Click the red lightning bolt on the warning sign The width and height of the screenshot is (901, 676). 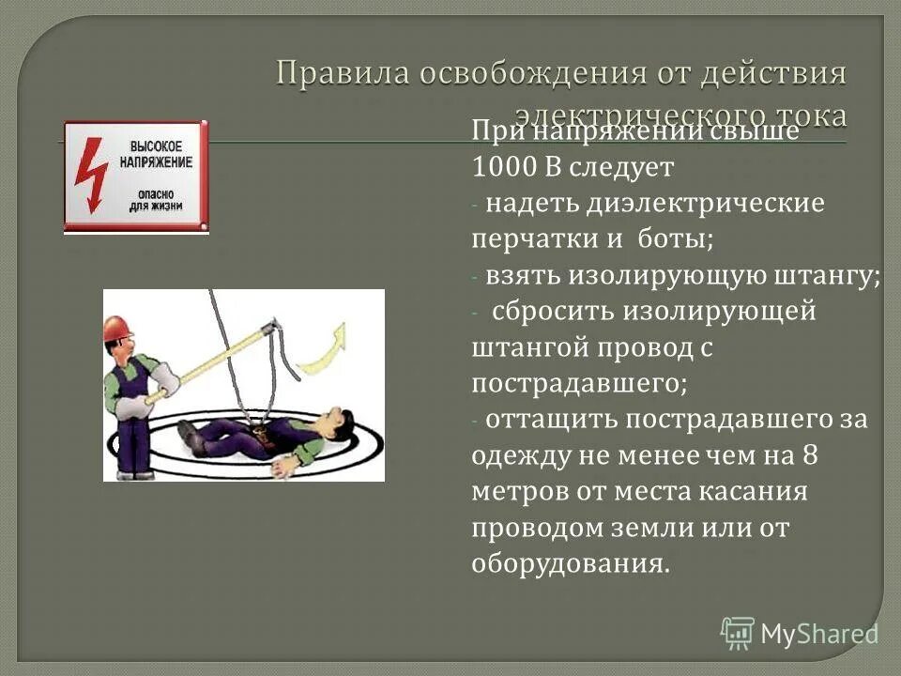(x=91, y=175)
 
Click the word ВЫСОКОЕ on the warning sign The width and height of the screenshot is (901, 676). (x=155, y=146)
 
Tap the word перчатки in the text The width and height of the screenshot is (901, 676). (x=527, y=238)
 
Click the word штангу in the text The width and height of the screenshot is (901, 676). (x=826, y=275)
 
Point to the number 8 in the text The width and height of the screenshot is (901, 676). (x=810, y=454)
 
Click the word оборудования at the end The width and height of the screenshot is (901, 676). (x=571, y=563)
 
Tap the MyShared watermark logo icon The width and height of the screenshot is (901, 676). (x=738, y=632)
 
